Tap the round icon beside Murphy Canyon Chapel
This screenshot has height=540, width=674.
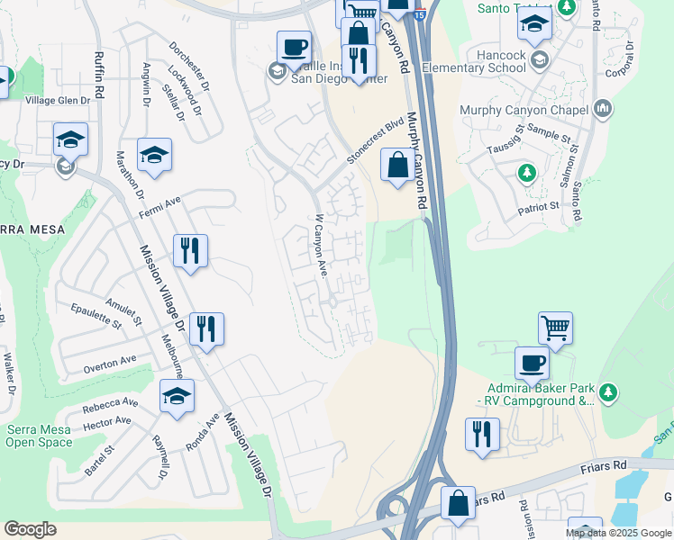(x=603, y=110)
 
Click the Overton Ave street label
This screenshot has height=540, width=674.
(x=110, y=363)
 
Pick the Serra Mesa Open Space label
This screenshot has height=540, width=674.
(x=40, y=436)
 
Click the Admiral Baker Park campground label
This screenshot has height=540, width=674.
(x=535, y=393)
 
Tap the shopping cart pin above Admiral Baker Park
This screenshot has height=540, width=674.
(x=555, y=328)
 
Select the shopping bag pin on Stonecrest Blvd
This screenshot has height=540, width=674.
(x=397, y=166)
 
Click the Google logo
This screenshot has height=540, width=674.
(x=30, y=529)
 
